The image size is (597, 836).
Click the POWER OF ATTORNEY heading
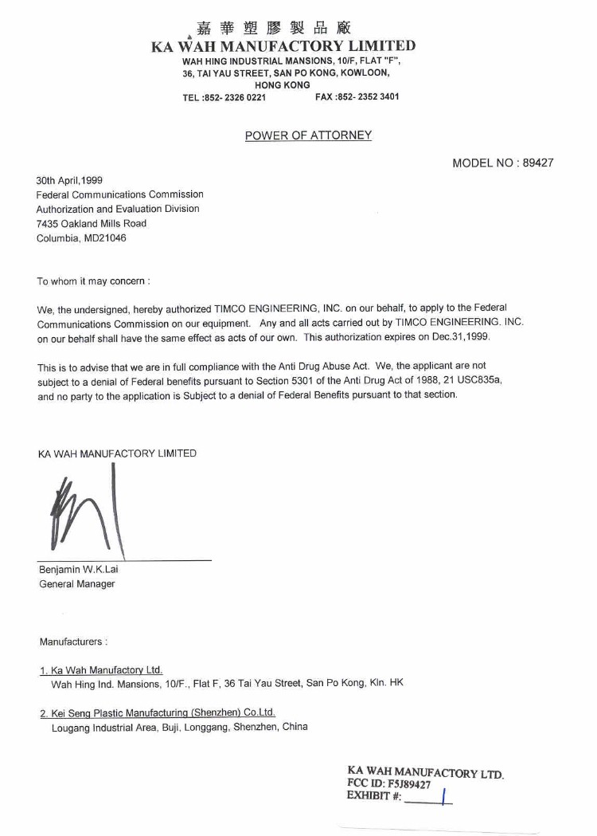click(308, 135)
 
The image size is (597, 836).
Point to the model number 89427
click(537, 163)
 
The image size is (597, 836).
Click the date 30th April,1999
click(70, 180)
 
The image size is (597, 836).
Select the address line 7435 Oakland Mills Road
click(92, 223)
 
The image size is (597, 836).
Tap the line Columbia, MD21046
click(81, 237)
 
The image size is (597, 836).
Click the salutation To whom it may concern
click(93, 281)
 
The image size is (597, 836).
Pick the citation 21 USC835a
click(472, 381)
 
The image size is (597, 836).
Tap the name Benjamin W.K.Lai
click(79, 569)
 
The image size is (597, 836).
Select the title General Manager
click(77, 584)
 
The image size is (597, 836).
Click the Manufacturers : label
click(73, 641)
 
